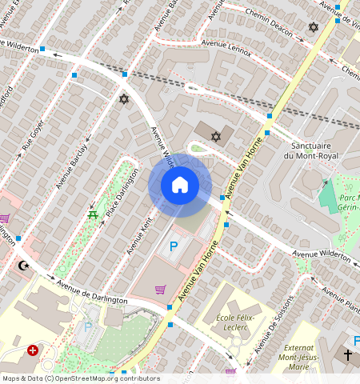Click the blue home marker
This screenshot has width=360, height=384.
(x=180, y=185)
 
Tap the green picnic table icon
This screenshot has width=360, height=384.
(x=94, y=214)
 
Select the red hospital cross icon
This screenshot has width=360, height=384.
(x=33, y=350)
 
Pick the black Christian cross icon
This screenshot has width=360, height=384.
(x=348, y=354)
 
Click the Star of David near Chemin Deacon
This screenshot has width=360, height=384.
(x=314, y=27)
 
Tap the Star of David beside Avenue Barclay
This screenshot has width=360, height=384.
(x=123, y=99)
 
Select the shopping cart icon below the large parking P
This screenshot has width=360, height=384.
(x=160, y=289)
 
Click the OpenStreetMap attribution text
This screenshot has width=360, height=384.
(x=81, y=378)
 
